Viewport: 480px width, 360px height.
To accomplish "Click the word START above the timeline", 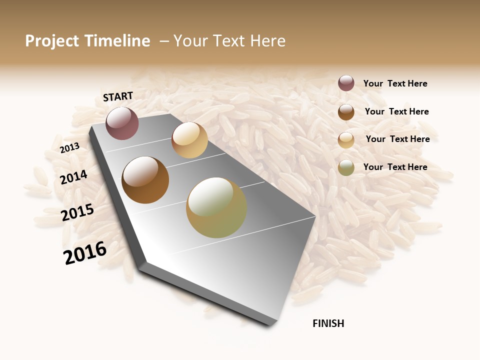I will click(118, 96).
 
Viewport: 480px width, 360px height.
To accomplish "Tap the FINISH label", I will click(328, 323).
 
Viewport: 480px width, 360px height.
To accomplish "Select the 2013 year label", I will click(69, 148).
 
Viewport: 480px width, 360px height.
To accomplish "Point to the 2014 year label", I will click(74, 177).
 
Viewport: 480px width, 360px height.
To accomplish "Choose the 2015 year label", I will click(77, 212).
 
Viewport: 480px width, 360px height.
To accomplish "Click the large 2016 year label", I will click(85, 252).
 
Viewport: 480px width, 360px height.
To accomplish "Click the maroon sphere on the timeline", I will click(122, 123).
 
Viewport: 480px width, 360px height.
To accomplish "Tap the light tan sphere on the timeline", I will click(189, 140).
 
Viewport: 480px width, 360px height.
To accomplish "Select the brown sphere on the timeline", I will click(145, 180).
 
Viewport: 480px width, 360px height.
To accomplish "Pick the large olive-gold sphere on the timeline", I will click(216, 207).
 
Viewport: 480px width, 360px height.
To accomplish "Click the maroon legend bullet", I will click(346, 83).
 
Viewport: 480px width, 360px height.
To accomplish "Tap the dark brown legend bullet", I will click(346, 112).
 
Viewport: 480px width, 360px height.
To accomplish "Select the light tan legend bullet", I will click(346, 140).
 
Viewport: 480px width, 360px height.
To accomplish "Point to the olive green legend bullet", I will click(346, 167).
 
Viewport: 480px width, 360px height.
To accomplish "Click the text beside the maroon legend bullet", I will click(395, 83).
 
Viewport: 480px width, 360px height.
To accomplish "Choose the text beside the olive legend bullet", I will click(395, 167).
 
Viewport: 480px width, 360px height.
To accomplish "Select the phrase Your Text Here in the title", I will click(229, 41).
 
